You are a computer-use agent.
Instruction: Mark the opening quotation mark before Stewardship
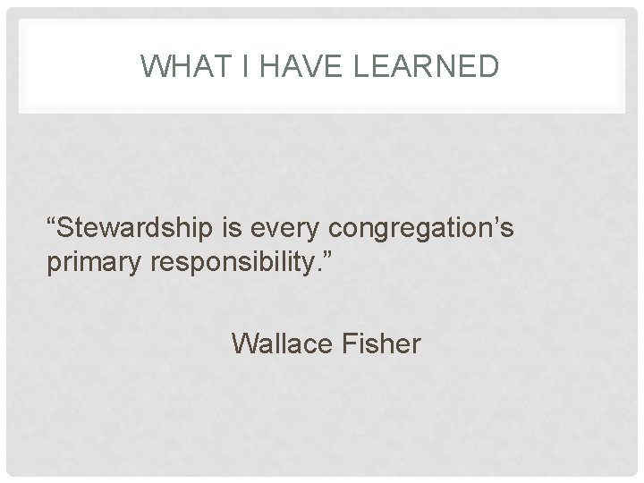[53, 221]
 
